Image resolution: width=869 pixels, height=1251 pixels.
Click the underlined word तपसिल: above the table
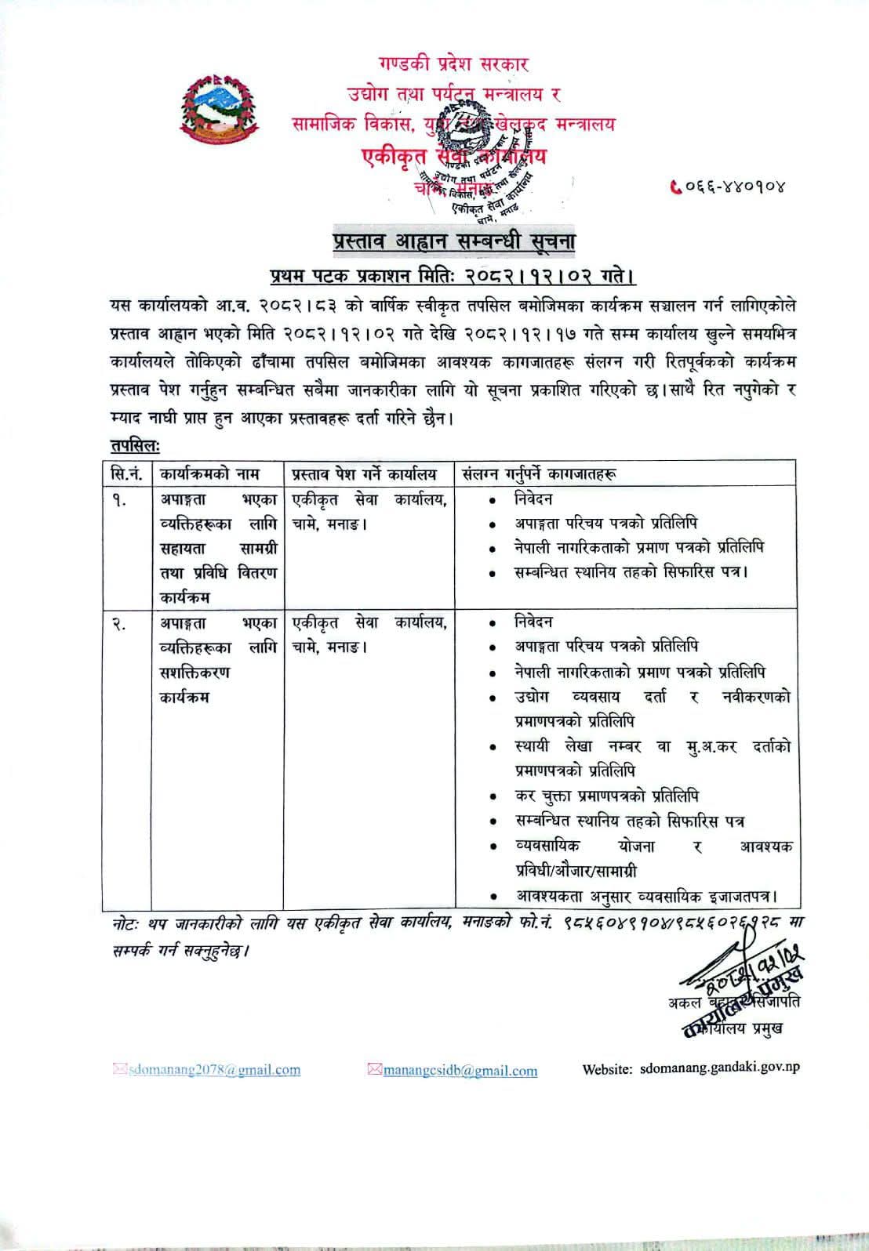(x=134, y=445)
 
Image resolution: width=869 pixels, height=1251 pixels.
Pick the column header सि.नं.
(x=126, y=474)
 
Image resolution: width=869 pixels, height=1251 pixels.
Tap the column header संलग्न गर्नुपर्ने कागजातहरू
(x=539, y=474)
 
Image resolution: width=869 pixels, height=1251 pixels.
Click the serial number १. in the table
(x=121, y=499)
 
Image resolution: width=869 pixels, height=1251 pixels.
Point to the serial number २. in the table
(x=121, y=623)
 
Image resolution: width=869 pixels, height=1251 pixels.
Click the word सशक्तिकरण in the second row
(x=195, y=673)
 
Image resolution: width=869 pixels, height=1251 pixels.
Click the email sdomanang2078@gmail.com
(x=213, y=1070)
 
